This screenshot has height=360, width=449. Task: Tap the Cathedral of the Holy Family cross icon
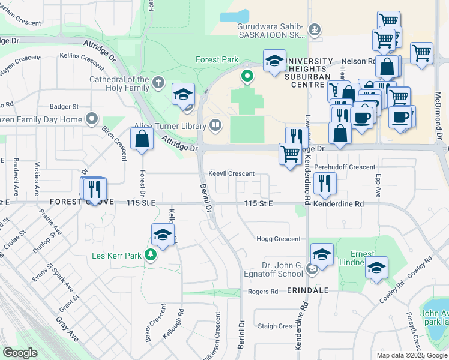click(158, 83)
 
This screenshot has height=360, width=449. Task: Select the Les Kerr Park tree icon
click(150, 256)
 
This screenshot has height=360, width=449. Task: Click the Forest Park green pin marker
click(246, 76)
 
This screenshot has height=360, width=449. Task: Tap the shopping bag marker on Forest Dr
click(142, 140)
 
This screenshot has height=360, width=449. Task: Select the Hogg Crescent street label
click(279, 239)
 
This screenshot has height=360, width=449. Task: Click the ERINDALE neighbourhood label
click(307, 290)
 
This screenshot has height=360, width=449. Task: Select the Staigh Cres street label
click(274, 326)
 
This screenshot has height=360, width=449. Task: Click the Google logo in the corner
click(20, 353)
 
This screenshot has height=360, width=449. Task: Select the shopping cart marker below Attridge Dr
click(291, 154)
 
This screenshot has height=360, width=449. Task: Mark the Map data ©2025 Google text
click(412, 355)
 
